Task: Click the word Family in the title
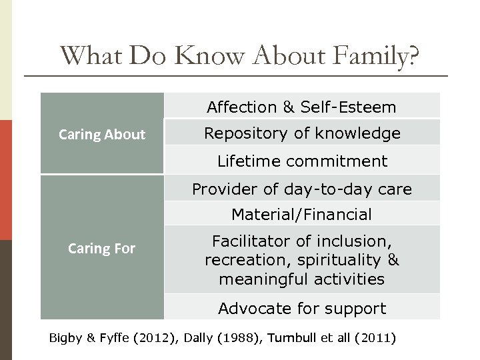[x=377, y=58]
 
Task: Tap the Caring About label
[x=102, y=134]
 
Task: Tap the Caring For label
[x=102, y=249]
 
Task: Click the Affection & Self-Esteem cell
[x=301, y=107]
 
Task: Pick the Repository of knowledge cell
[x=301, y=133]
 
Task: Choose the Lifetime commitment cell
[x=301, y=161]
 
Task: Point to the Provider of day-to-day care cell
[x=301, y=189]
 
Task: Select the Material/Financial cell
[x=301, y=214]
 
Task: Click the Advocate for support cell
[x=301, y=308]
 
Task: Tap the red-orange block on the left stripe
[x=6, y=180]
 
